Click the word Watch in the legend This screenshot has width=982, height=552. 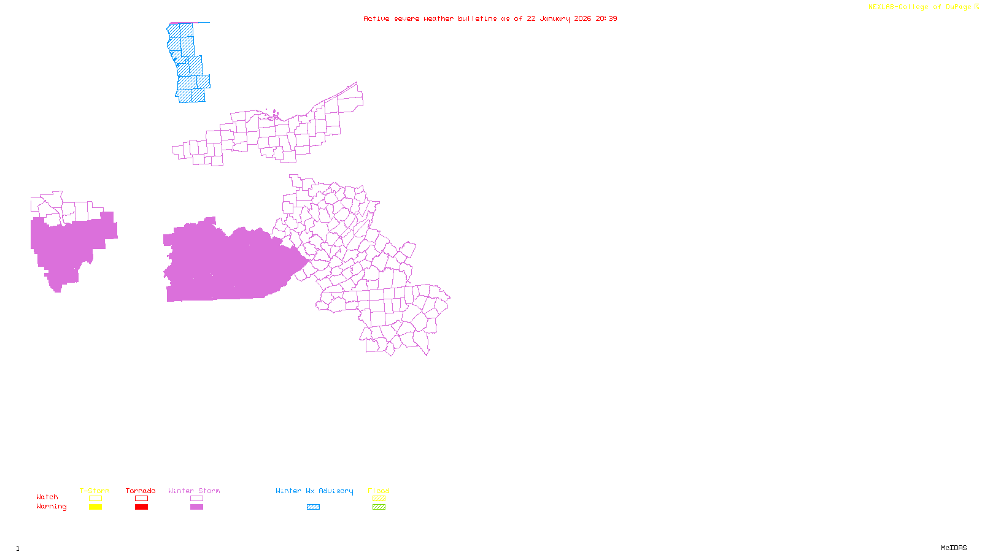point(47,497)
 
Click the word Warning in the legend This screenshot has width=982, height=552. point(51,507)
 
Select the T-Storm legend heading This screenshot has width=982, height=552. point(95,491)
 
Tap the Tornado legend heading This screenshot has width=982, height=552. point(141,491)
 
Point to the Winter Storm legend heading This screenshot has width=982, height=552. point(194,491)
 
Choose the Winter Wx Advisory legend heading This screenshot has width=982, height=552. point(314,491)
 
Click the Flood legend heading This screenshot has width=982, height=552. point(379,491)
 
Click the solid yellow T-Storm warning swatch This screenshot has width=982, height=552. point(95,507)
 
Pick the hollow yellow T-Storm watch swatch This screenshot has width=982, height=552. point(95,499)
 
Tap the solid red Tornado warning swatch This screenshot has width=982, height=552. point(142,507)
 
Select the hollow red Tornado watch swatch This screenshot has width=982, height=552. point(142,499)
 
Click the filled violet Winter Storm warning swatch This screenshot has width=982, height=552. point(196,507)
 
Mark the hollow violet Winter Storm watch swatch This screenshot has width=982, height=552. point(196,499)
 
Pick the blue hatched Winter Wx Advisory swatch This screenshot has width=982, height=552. point(313,507)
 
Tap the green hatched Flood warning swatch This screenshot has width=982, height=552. point(379,507)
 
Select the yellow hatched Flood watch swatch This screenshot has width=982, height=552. point(379,499)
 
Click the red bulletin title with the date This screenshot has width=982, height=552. point(490,18)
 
